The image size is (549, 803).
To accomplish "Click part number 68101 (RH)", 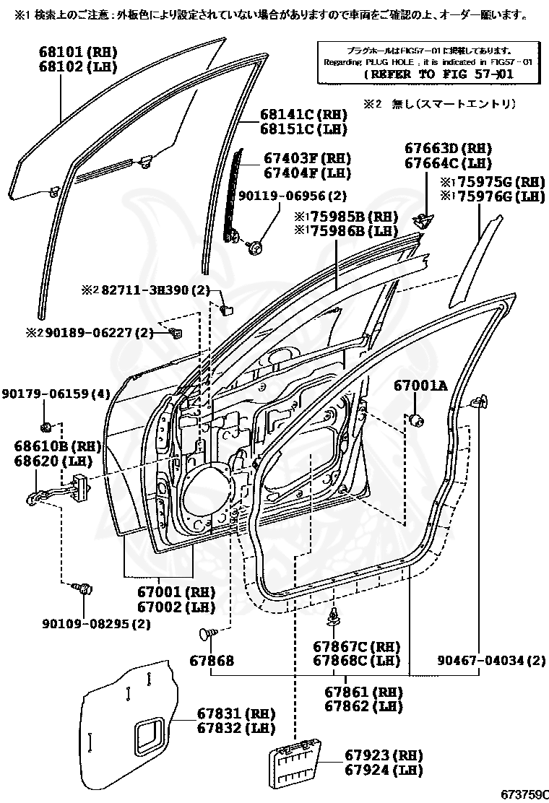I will tap(77, 52).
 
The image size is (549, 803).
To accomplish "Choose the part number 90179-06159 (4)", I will tap(56, 394).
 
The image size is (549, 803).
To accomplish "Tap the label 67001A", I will tap(420, 386).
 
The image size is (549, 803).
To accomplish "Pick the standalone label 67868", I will tap(212, 660).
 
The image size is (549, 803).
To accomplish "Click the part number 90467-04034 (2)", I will tap(491, 660).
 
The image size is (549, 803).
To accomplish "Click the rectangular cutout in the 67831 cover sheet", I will tap(150, 734).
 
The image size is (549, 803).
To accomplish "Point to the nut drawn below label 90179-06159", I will tap(46, 425).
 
